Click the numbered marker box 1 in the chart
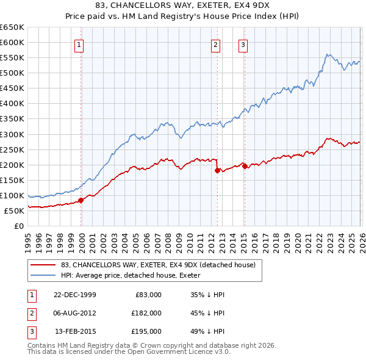pyautogui.click(x=80, y=44)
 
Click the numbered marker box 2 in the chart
pyautogui.click(x=216, y=44)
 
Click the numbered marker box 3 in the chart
pyautogui.click(x=243, y=44)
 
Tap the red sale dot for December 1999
pyautogui.click(x=81, y=200)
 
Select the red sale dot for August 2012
pyautogui.click(x=217, y=171)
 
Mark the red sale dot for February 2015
pyautogui.click(x=244, y=165)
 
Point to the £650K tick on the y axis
pyautogui.click(x=12, y=27)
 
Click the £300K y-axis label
pyautogui.click(x=12, y=134)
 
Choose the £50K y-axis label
pyautogui.click(x=14, y=211)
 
